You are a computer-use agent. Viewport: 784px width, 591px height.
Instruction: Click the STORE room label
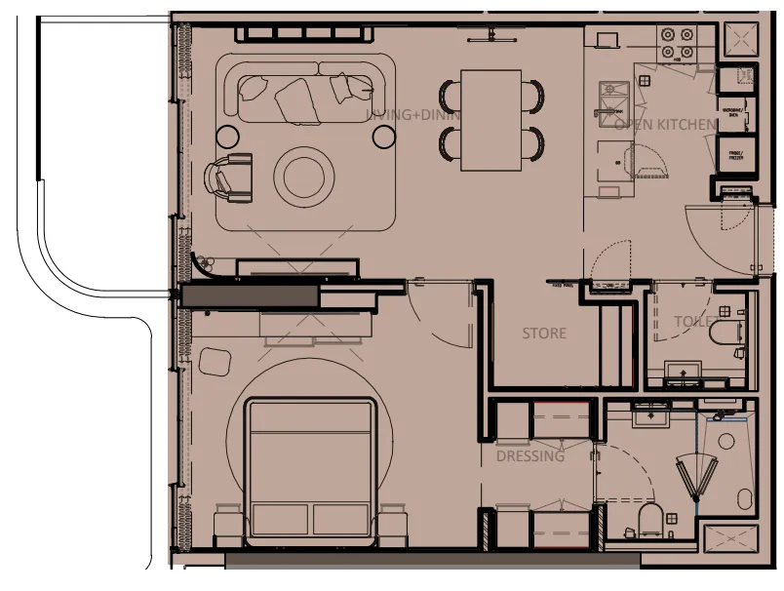(x=543, y=334)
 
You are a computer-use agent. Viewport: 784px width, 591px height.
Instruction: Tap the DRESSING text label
(x=530, y=456)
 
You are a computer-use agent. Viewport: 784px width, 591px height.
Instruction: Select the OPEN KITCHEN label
(x=664, y=124)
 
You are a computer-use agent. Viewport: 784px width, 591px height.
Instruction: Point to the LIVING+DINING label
(x=412, y=115)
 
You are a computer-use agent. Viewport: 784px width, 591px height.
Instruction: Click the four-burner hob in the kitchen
(x=678, y=41)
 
